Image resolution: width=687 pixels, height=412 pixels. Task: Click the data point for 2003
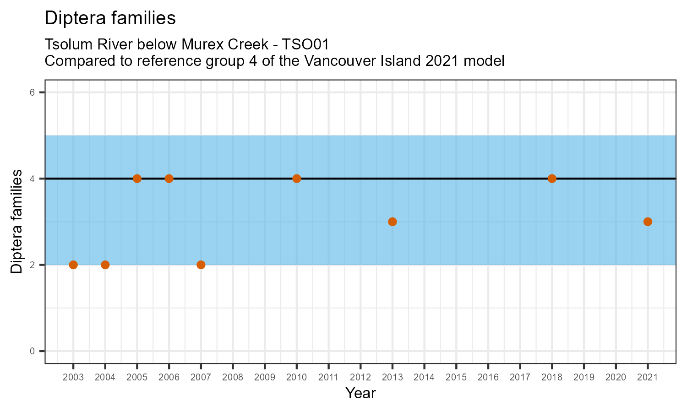pyautogui.click(x=73, y=265)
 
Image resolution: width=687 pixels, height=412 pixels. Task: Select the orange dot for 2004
pyautogui.click(x=105, y=265)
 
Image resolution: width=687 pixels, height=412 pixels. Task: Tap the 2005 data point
pyautogui.click(x=137, y=179)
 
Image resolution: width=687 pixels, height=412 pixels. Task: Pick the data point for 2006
pyautogui.click(x=169, y=179)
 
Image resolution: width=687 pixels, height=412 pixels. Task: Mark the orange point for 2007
pyautogui.click(x=201, y=265)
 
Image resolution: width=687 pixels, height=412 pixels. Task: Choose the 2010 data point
pyautogui.click(x=296, y=179)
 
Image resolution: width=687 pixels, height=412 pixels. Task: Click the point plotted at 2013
pyautogui.click(x=392, y=222)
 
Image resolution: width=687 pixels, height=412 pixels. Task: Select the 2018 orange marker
pyautogui.click(x=552, y=179)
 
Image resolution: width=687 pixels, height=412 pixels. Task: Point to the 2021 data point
pyautogui.click(x=648, y=222)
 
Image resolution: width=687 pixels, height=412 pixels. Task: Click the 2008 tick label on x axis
pyautogui.click(x=233, y=378)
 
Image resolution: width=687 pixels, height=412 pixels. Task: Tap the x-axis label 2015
pyautogui.click(x=456, y=378)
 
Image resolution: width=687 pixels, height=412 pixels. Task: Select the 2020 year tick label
pyautogui.click(x=616, y=378)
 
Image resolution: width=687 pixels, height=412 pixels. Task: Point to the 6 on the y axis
pyautogui.click(x=33, y=92)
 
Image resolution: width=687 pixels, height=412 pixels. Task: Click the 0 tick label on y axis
pyautogui.click(x=33, y=351)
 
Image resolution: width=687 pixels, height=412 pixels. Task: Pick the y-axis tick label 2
pyautogui.click(x=33, y=265)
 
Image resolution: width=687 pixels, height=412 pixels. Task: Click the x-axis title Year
pyautogui.click(x=360, y=393)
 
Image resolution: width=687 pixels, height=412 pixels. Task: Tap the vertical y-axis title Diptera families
pyautogui.click(x=16, y=222)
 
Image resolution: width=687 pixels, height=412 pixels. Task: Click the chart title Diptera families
pyautogui.click(x=110, y=18)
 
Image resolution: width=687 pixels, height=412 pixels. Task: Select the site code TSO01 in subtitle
pyautogui.click(x=305, y=45)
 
